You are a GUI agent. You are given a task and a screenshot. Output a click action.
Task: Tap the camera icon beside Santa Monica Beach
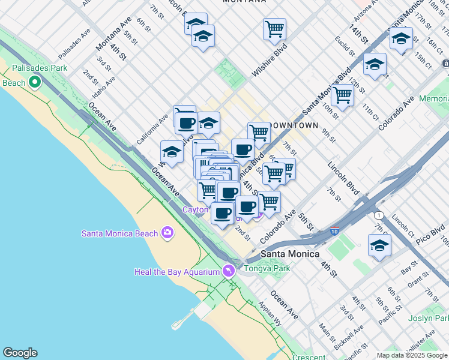click(167, 233)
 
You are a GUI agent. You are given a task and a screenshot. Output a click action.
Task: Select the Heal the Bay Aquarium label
click(176, 272)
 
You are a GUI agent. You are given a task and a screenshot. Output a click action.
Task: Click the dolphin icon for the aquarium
click(228, 271)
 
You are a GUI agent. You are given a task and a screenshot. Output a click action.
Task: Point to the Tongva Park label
click(267, 268)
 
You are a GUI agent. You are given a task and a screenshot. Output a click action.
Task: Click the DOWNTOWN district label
click(294, 125)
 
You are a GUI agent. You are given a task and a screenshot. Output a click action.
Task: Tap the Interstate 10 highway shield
click(334, 230)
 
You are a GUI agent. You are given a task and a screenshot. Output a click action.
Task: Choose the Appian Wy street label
click(270, 314)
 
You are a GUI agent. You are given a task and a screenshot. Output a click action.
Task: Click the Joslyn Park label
click(429, 318)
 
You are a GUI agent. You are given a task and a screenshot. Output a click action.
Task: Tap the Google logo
click(20, 353)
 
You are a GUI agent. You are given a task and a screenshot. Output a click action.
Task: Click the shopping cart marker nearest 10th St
click(342, 94)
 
